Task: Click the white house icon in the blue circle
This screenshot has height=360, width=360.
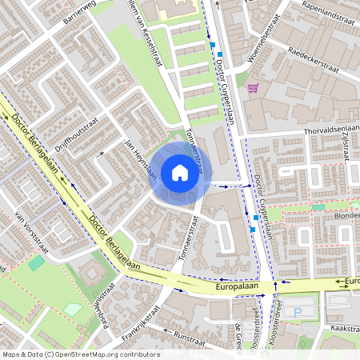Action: pyautogui.click(x=180, y=173)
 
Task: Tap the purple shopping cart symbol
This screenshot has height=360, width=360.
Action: pyautogui.click(x=253, y=88)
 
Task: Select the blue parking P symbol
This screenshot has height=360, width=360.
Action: pyautogui.click(x=298, y=311)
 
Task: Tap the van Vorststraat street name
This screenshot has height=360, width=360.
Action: pyautogui.click(x=33, y=233)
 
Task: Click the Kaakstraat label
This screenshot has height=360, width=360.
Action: pyautogui.click(x=345, y=329)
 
